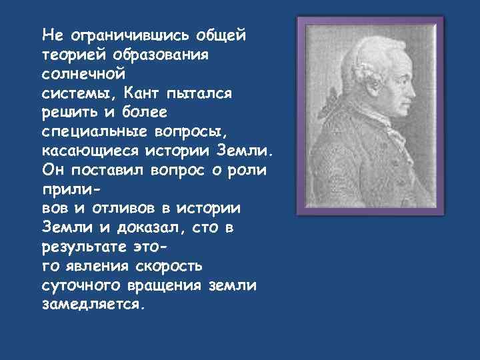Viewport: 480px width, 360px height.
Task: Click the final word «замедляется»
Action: pyautogui.click(x=91, y=304)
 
